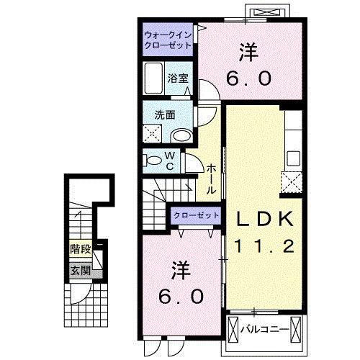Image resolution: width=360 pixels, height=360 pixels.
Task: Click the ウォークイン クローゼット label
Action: click(167, 39)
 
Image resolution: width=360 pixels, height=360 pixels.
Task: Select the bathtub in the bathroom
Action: click(153, 76)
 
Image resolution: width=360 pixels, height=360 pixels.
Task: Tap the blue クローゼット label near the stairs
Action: click(196, 215)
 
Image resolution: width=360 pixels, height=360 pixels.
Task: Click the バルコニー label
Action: click(264, 330)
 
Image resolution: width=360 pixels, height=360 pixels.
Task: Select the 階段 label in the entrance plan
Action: click(80, 249)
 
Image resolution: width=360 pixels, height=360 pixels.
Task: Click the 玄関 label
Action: click(80, 271)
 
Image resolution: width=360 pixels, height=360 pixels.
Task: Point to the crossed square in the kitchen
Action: click(292, 181)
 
